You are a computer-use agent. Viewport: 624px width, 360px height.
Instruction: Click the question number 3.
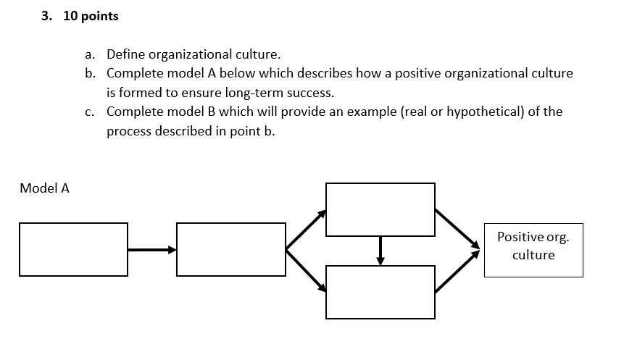(46, 16)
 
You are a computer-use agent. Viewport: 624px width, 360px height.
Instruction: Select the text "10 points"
(91, 16)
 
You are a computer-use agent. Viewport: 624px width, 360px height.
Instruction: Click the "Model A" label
(45, 188)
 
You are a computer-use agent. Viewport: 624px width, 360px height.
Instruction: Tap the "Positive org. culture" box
(533, 250)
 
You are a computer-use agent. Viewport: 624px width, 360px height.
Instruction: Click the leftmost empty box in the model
(73, 250)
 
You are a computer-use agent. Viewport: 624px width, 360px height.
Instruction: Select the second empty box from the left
(230, 250)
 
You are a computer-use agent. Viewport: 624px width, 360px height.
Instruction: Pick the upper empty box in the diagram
(380, 209)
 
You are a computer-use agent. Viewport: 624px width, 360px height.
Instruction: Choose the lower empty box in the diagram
(380, 291)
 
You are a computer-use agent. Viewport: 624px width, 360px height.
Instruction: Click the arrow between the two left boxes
(151, 250)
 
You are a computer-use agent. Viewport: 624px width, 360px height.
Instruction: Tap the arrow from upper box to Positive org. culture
(457, 228)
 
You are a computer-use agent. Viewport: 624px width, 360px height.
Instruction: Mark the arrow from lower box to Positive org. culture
(457, 272)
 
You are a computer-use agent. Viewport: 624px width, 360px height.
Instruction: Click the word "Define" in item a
(127, 54)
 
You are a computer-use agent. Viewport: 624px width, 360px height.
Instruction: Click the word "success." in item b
(309, 93)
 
